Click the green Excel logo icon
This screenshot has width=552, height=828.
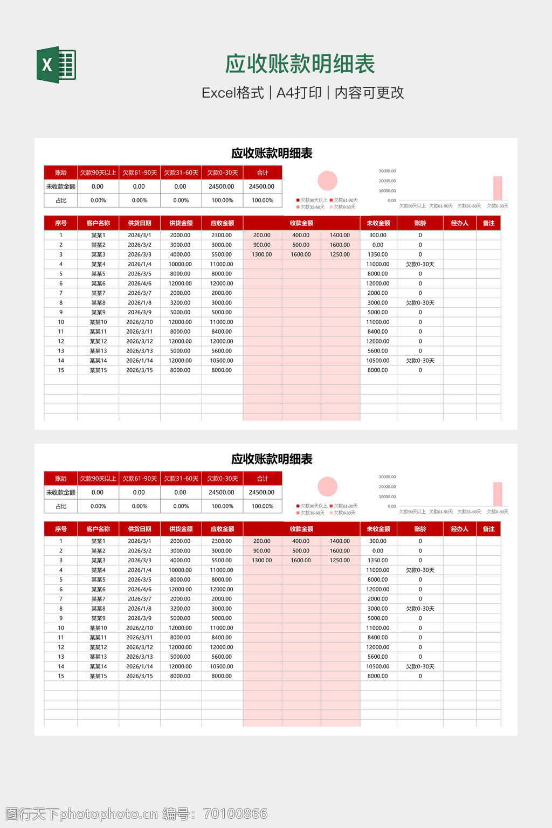pos(56,65)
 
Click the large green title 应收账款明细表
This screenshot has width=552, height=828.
pos(300,64)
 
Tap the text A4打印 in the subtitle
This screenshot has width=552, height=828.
pos(299,93)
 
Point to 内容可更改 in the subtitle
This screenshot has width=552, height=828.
pos(369,93)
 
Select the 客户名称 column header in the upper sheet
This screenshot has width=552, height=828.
pos(98,223)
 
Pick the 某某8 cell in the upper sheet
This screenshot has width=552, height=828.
pos(98,303)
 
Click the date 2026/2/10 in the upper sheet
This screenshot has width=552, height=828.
pos(140,322)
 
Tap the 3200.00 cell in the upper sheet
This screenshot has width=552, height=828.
pos(180,303)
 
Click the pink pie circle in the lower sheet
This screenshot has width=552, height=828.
pos(327,486)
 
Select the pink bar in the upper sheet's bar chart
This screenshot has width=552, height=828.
pos(498,188)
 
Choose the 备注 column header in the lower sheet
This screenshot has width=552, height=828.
pos(488,529)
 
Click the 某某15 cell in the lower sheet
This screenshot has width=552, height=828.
pos(98,676)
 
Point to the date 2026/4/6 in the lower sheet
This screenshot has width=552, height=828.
pos(140,589)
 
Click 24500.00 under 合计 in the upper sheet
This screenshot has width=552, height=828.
pos(262,187)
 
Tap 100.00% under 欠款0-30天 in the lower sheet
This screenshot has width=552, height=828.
pos(222,506)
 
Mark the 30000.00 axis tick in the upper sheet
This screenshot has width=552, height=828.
pos(387,171)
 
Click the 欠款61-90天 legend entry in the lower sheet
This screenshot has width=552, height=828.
pos(345,506)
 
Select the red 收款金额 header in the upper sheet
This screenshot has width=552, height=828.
pos(301,223)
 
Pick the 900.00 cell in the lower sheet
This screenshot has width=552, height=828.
pos(262,551)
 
